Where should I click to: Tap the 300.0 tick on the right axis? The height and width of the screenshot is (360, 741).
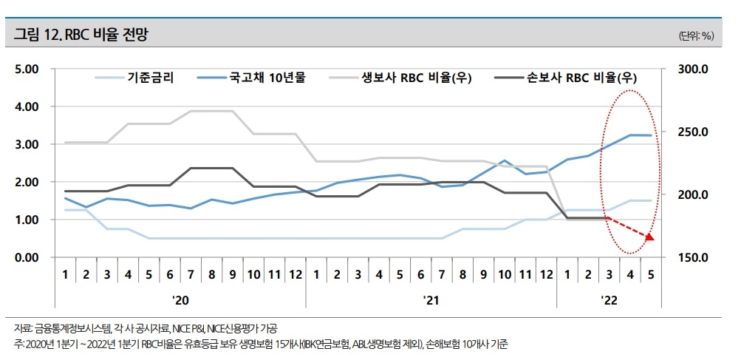(x=694, y=69)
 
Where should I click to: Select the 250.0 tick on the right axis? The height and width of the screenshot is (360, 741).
(x=694, y=132)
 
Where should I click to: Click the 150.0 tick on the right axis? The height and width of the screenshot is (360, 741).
(x=694, y=257)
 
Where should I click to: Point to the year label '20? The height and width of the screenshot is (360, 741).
(x=180, y=299)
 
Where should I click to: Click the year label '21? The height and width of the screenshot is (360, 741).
(x=431, y=299)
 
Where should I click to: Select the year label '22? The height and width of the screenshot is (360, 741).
(x=609, y=299)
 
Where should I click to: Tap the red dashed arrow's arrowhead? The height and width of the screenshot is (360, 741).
(x=649, y=237)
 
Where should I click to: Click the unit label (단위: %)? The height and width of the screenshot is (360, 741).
(x=695, y=35)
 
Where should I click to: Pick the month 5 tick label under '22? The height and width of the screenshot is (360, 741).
(x=650, y=275)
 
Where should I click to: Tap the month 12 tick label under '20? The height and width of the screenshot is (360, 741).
(x=295, y=275)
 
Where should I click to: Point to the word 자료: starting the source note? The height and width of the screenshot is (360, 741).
(x=23, y=328)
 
